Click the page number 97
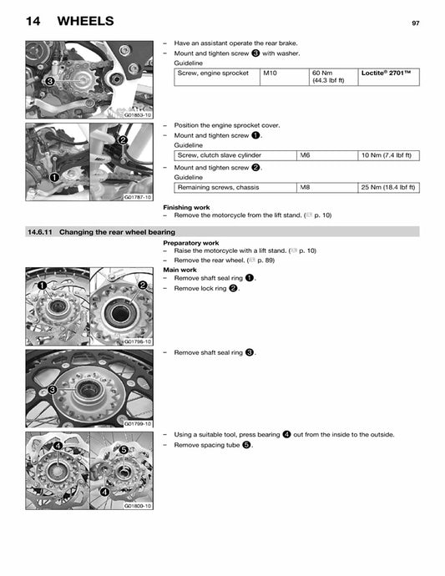click(415, 23)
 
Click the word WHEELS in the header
click(86, 20)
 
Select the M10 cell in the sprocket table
click(272, 73)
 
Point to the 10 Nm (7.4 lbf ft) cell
click(388, 155)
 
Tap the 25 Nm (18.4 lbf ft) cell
click(388, 187)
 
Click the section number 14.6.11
click(39, 231)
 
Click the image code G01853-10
click(137, 115)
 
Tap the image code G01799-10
click(137, 423)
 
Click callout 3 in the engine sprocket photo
click(38, 82)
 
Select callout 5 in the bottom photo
click(123, 450)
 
